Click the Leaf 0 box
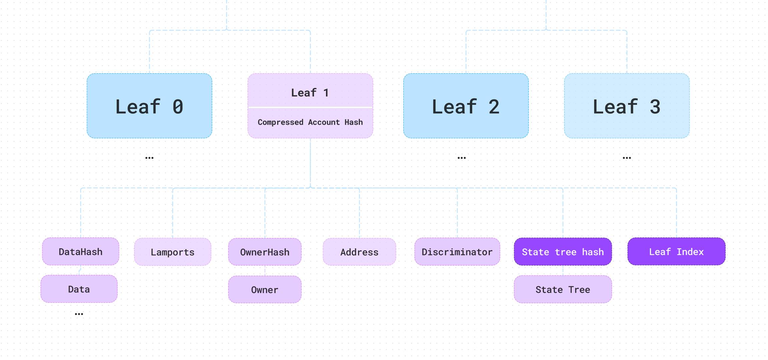tap(149, 106)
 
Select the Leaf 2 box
tap(466, 106)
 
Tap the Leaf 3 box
tap(627, 106)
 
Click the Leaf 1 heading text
tap(310, 93)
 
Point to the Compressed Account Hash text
tap(310, 122)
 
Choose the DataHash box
tap(81, 251)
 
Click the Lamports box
tap(173, 252)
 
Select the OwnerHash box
tap(265, 252)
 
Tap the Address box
tap(359, 252)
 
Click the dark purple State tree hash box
tap(563, 251)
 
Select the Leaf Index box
tap(676, 251)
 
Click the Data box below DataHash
tap(79, 289)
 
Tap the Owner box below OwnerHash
tap(265, 289)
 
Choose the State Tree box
tap(563, 289)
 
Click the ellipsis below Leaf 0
tap(149, 158)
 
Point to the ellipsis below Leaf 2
tap(462, 158)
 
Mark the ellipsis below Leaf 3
tap(627, 158)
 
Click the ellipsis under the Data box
tap(79, 314)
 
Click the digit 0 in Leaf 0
tap(178, 107)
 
